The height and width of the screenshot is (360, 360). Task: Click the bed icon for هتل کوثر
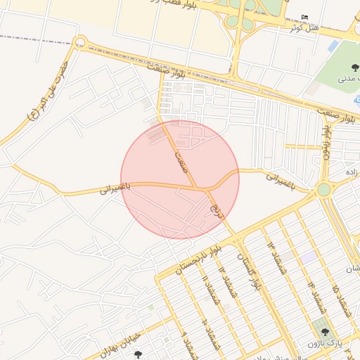pos(304,17)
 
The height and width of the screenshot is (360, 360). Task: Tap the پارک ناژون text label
pos(323,343)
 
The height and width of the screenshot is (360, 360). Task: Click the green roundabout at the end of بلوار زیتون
pos(323,189)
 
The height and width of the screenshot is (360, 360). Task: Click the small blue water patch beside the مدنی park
pos(333,46)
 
